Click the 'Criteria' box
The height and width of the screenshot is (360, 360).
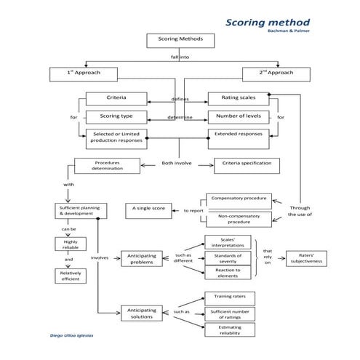point(116,98)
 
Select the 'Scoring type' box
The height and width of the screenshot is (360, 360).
point(116,116)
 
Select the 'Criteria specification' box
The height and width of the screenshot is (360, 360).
point(246,164)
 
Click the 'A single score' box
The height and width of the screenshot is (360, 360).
point(148,209)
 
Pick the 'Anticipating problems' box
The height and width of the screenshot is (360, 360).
point(142,260)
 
